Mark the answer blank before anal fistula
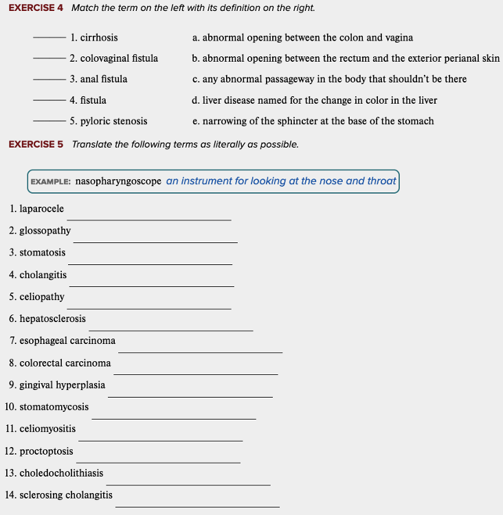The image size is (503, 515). (49, 80)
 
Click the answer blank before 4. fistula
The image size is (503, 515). (49, 101)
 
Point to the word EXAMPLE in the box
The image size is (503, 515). (50, 182)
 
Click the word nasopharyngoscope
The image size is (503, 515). (118, 181)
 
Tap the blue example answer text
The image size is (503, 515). (281, 181)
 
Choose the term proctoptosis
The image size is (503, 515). (46, 451)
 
